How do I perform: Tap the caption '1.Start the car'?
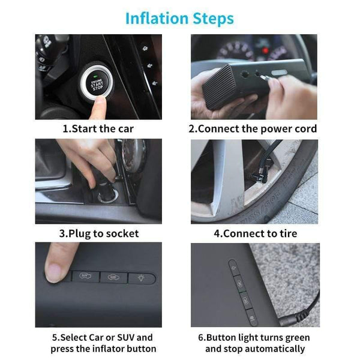98,128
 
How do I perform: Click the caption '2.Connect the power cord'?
253,128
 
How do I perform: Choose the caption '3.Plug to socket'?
98,233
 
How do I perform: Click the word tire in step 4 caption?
286,233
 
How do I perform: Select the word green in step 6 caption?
290,338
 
